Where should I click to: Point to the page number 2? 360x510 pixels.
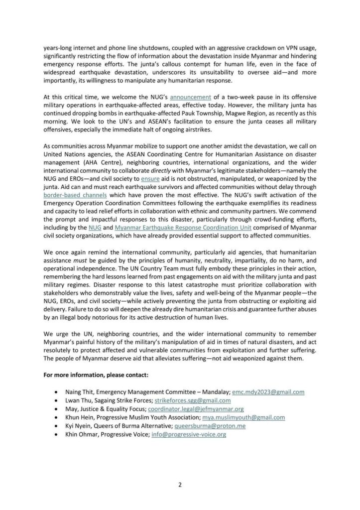180,482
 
